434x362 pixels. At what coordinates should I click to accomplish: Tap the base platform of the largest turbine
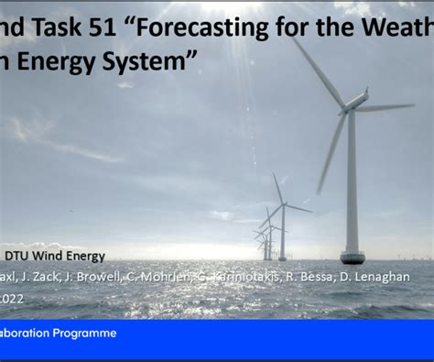click(x=353, y=257)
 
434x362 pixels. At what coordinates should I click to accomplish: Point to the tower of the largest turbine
click(x=352, y=183)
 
